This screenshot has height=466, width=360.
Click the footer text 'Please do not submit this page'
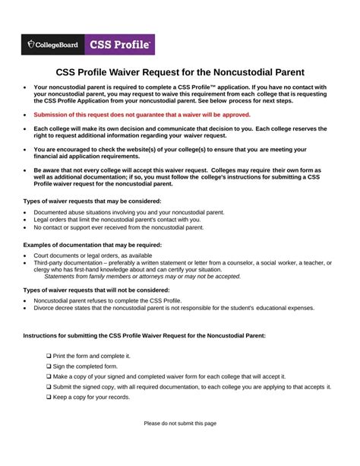(x=180, y=423)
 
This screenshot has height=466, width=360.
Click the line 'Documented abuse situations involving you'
(x=128, y=212)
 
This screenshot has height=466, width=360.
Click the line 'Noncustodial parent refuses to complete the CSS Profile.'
(x=118, y=300)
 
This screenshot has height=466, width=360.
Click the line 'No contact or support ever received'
(x=118, y=227)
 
